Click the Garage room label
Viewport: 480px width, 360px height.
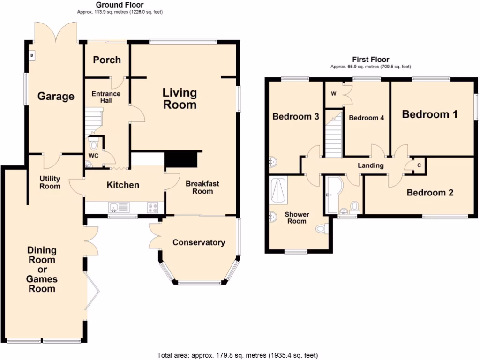click(x=56, y=97)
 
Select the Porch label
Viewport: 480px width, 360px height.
click(x=107, y=60)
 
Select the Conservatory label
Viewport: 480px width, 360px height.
click(x=199, y=242)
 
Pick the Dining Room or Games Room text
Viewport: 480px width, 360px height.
click(x=42, y=270)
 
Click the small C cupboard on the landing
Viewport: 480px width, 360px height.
click(x=418, y=165)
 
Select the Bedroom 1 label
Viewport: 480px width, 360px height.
click(x=429, y=114)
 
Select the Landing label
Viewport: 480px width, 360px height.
click(x=370, y=165)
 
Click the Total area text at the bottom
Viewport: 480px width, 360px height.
click(x=240, y=355)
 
